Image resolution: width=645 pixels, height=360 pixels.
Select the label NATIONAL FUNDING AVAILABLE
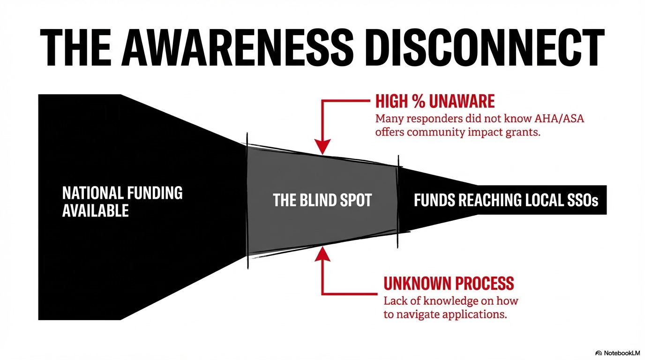(122, 202)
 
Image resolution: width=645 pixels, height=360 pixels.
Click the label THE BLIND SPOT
(322, 201)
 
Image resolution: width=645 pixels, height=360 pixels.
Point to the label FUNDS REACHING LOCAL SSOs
(506, 201)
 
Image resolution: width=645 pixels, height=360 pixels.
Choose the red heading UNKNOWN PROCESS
(449, 283)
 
